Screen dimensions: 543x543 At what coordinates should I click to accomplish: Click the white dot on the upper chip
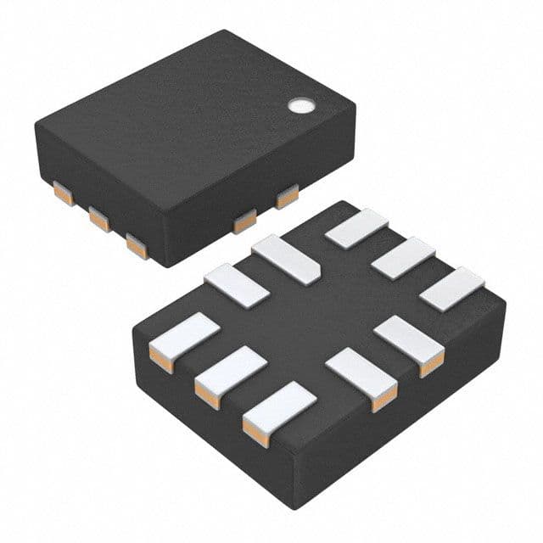299,106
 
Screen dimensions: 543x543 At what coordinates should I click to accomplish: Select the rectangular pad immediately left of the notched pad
237,283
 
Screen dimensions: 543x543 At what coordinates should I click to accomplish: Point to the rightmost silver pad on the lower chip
450,288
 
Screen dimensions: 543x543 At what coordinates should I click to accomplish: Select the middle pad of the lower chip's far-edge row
403,258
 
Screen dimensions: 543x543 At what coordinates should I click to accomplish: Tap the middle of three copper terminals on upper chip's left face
98,221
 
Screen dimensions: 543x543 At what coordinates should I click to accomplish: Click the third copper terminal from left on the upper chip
134,245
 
